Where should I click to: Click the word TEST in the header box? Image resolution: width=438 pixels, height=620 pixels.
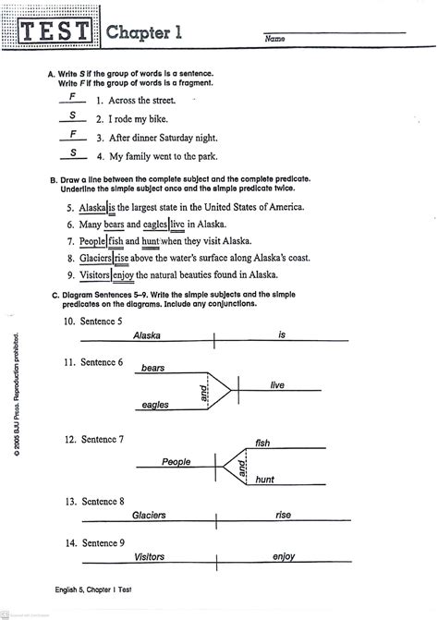tap(57, 33)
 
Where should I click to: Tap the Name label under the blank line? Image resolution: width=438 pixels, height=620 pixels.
tap(274, 41)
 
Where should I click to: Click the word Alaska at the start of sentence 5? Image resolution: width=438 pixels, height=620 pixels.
tap(93, 208)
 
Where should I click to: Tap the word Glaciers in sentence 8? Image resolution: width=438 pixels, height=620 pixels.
tap(95, 259)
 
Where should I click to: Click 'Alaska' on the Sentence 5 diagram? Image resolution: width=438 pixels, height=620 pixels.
tap(148, 336)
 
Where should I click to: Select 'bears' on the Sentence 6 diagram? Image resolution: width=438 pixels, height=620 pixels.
tap(153, 368)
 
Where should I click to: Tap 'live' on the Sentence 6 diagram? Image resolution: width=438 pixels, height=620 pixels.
tap(277, 384)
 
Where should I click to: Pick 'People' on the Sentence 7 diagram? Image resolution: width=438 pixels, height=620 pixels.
tap(176, 461)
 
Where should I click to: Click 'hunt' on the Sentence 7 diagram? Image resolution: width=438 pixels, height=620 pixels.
tap(265, 480)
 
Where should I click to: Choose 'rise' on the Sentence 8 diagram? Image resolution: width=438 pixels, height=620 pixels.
tap(283, 515)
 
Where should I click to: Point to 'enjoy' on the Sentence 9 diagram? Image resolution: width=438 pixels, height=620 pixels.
tap(284, 557)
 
